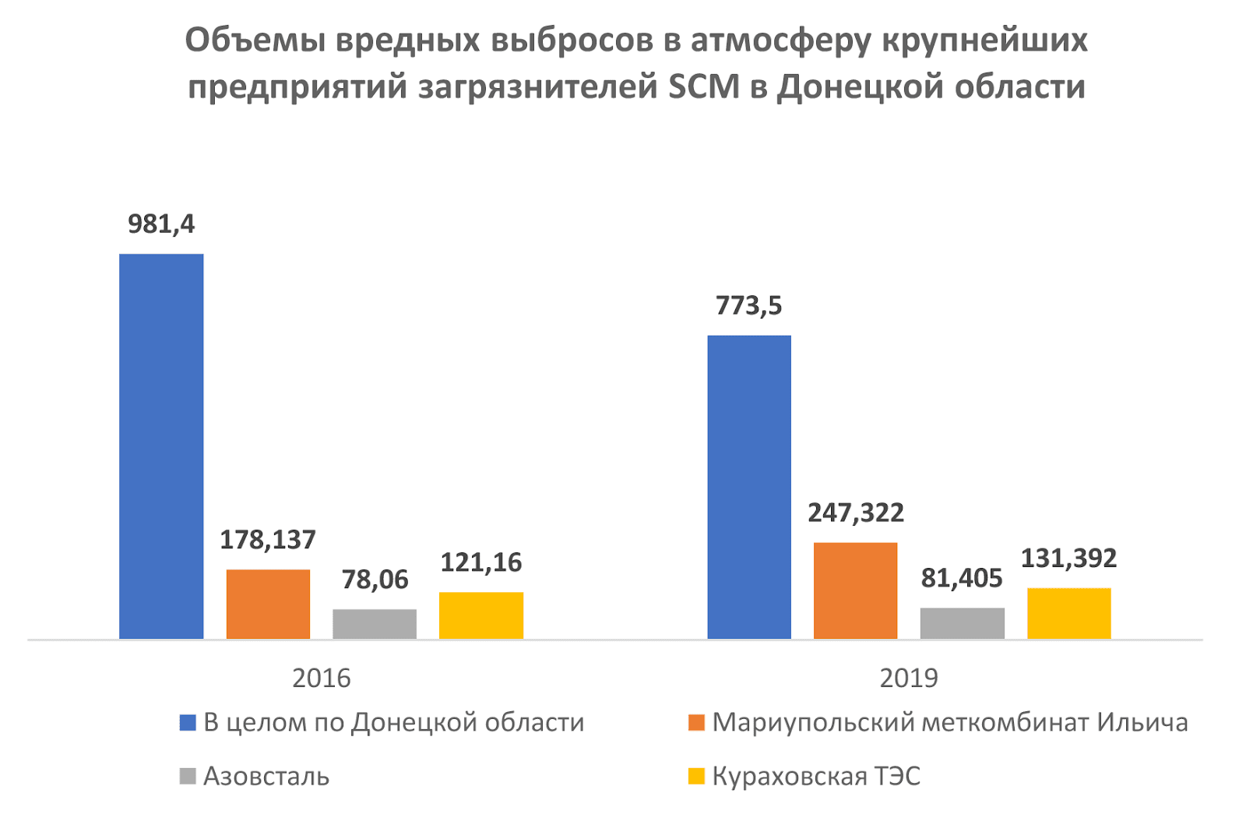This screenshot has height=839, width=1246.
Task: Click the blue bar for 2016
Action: [161, 446]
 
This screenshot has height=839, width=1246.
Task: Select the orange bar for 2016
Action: [268, 604]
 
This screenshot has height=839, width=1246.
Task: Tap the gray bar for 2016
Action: [375, 623]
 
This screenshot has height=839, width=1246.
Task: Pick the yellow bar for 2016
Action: [481, 615]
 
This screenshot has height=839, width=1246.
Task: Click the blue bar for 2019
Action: [749, 487]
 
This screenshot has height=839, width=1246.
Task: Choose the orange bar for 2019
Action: [855, 590]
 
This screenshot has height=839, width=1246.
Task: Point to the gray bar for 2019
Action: [962, 622]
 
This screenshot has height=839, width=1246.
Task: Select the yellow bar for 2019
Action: [1068, 613]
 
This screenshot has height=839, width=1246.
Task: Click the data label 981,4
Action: [161, 224]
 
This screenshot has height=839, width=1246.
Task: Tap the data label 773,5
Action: [748, 306]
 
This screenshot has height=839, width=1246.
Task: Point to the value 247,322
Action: [855, 513]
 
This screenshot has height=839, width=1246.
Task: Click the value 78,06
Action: [375, 580]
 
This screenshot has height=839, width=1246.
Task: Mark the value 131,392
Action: [1068, 558]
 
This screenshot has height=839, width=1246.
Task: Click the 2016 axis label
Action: [321, 679]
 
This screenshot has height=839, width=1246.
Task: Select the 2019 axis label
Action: [909, 679]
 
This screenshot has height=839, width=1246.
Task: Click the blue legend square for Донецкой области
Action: [187, 723]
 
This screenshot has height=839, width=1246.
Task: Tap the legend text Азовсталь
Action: [266, 777]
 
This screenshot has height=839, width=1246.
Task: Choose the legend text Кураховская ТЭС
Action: [816, 777]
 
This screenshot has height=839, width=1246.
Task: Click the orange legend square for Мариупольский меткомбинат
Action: [696, 723]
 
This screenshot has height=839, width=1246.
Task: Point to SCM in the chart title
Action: [704, 86]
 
